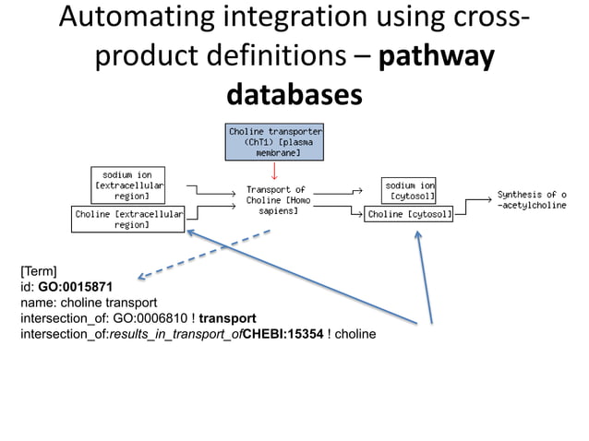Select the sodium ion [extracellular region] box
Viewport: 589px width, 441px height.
click(127, 185)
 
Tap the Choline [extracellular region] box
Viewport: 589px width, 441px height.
click(128, 219)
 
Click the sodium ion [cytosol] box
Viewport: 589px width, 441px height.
click(409, 190)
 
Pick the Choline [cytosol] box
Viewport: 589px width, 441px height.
click(410, 215)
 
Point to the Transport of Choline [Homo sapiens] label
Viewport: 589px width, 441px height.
click(275, 200)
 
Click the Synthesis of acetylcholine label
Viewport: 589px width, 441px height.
click(531, 199)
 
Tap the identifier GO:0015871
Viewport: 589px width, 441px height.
click(76, 287)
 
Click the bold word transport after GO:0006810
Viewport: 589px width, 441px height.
click(228, 317)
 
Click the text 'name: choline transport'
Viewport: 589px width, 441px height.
click(89, 303)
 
